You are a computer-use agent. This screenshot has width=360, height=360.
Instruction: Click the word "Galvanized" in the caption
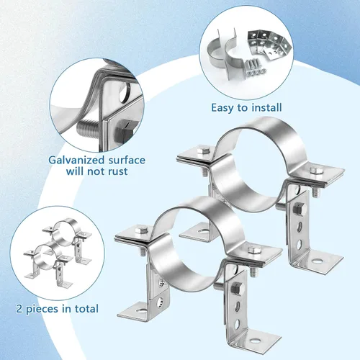coord(76,160)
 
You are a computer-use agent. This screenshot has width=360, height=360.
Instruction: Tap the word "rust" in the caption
coord(117,171)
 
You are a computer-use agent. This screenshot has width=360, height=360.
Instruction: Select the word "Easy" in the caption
coord(222,108)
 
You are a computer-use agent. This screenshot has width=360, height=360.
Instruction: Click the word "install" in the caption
coord(266,107)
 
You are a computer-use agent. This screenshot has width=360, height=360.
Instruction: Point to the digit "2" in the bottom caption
coord(19,309)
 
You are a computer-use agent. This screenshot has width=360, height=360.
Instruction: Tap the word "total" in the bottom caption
coord(86,308)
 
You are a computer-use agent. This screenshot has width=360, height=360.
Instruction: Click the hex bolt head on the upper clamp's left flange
coord(204,150)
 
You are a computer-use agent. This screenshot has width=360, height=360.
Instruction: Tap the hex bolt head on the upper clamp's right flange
coord(316,170)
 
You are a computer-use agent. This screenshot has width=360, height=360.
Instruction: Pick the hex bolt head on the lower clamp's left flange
coord(141,230)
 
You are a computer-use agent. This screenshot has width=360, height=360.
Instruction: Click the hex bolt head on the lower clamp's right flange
coord(254,250)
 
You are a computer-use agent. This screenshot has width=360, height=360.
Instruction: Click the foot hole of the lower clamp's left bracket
coord(141,311)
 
